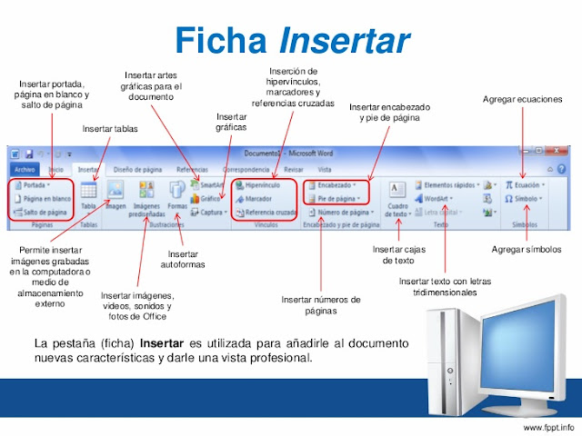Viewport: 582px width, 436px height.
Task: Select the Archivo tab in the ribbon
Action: tap(25, 169)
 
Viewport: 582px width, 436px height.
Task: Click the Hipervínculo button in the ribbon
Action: tap(263, 184)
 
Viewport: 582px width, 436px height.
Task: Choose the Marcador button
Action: tap(257, 198)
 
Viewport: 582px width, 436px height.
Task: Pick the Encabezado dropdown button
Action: tap(336, 184)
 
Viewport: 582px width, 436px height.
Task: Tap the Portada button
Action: tap(35, 184)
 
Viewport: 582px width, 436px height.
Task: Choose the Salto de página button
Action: tap(40, 212)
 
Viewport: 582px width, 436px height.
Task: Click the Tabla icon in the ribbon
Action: tap(88, 195)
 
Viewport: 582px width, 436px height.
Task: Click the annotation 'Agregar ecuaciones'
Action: tap(522, 99)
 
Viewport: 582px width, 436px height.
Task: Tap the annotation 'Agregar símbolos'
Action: tap(527, 248)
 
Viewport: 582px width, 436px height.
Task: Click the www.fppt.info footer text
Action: tap(548, 426)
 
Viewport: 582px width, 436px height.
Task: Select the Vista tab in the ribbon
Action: tap(324, 169)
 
